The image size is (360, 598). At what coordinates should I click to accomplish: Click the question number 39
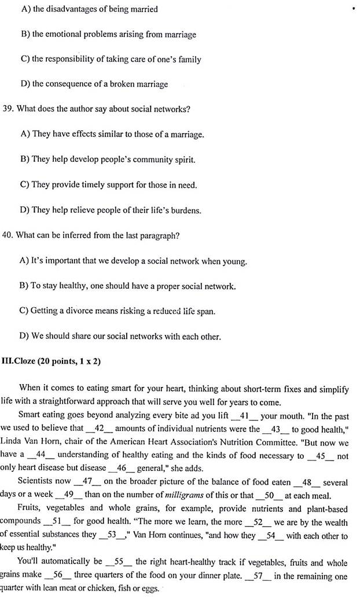click(8, 109)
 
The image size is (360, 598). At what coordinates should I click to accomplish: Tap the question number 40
click(8, 235)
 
